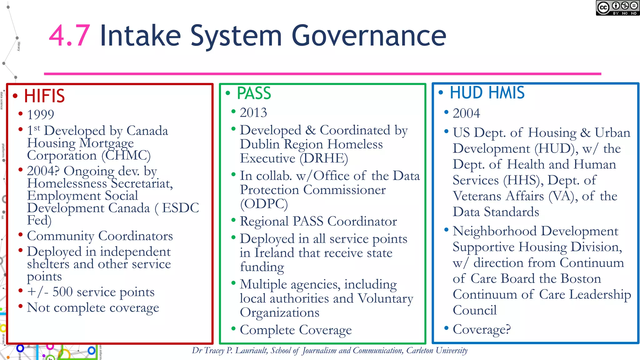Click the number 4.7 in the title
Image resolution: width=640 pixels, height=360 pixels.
tap(69, 36)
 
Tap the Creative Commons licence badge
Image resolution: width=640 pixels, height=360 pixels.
tap(617, 8)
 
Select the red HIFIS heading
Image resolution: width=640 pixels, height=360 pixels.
tap(44, 96)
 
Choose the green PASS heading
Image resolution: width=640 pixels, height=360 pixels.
tap(254, 93)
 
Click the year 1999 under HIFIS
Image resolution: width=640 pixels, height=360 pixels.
tap(41, 114)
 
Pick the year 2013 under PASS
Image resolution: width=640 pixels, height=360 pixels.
tap(253, 112)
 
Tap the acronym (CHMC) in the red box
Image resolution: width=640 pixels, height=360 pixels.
tap(126, 155)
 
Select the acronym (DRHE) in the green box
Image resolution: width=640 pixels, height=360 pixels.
tap(324, 158)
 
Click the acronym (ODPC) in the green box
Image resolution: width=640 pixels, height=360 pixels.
tap(264, 204)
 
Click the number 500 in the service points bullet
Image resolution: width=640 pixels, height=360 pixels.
tap(62, 292)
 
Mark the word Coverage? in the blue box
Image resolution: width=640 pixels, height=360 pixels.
tap(482, 329)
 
